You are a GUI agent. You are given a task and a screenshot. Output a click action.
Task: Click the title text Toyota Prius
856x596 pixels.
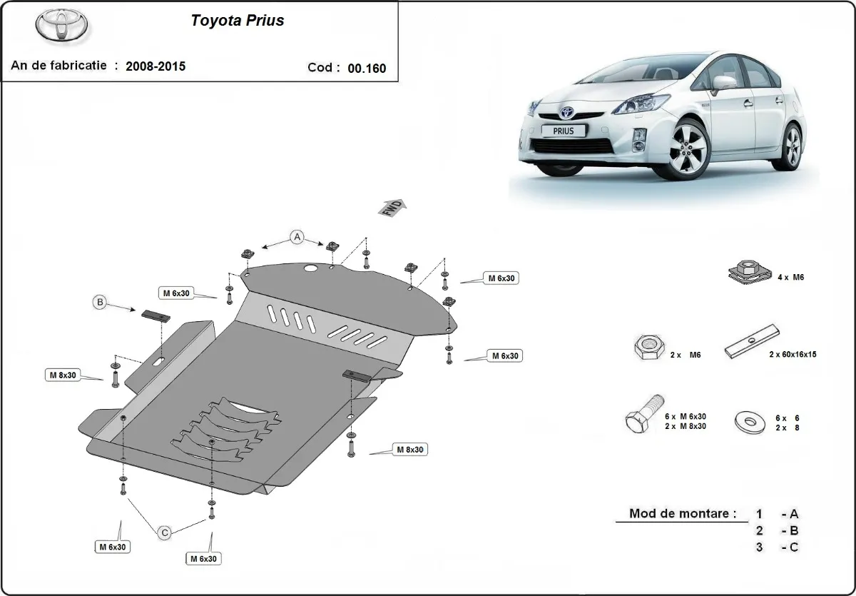(237, 21)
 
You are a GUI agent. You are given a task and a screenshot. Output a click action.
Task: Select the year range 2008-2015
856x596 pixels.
(156, 66)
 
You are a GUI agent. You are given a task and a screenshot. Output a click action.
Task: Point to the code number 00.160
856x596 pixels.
(367, 69)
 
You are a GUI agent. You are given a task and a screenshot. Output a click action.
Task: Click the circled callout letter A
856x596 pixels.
(297, 237)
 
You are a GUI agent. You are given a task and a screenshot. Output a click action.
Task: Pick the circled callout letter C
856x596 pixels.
(164, 532)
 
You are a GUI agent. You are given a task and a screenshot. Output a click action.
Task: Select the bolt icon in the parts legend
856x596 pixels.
(644, 413)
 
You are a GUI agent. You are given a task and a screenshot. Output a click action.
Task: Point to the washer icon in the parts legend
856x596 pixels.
(748, 422)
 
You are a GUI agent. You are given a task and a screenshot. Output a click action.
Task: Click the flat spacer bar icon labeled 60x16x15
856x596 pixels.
(753, 340)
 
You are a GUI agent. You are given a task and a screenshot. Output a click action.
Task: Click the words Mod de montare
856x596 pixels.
(682, 513)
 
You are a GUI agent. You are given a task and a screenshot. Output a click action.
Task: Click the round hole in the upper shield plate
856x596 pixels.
(311, 268)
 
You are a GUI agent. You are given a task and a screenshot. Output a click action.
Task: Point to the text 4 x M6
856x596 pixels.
(790, 277)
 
